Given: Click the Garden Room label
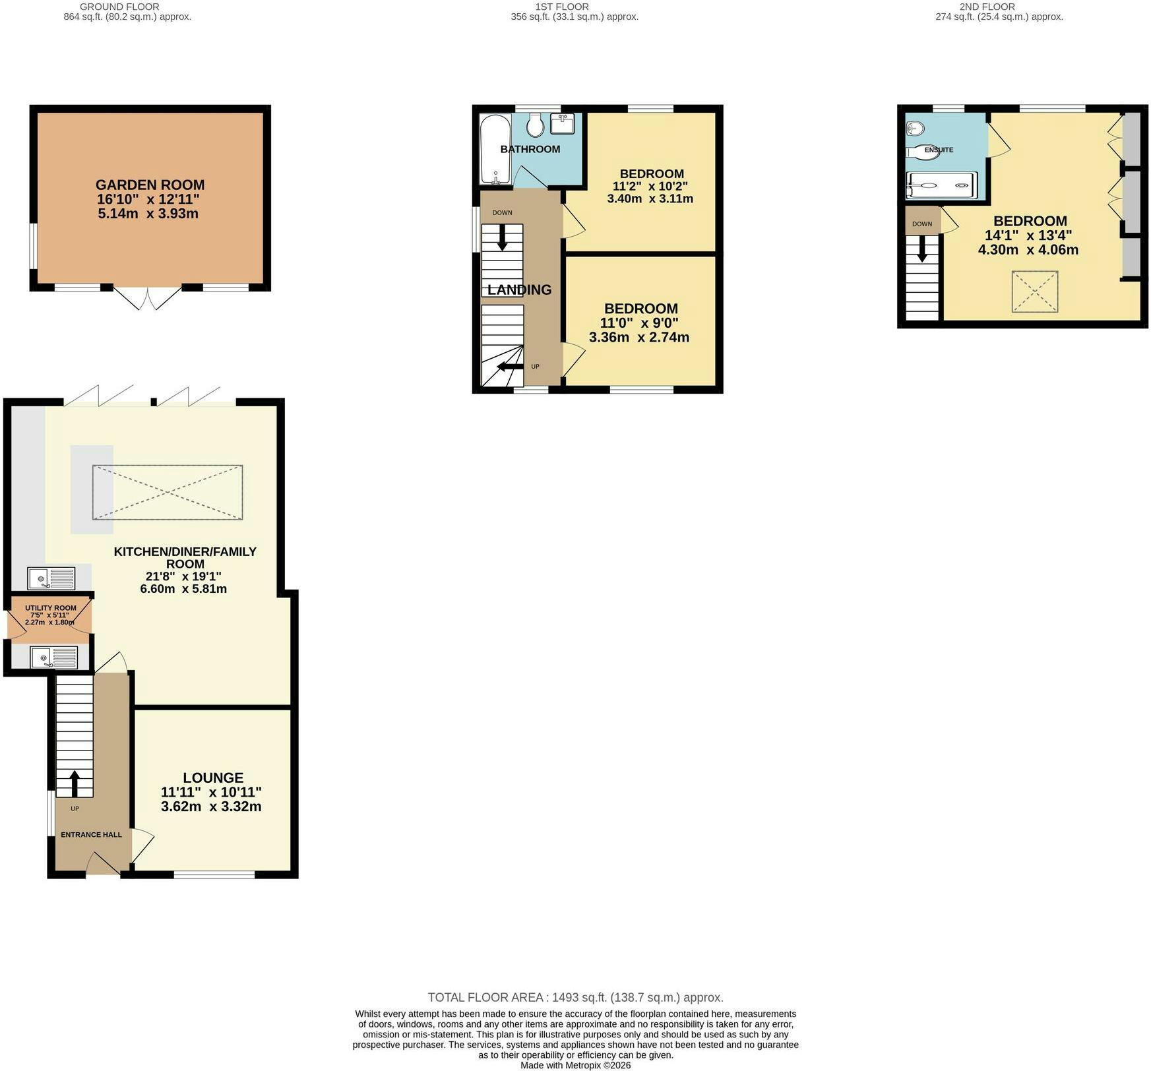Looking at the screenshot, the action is (150, 185).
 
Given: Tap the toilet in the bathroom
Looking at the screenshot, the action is (535, 125).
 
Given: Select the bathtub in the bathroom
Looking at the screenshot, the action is (495, 150).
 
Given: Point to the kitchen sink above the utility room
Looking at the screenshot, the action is (51, 578).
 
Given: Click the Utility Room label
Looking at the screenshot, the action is (51, 608).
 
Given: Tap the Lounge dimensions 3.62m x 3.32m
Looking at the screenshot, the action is (211, 807).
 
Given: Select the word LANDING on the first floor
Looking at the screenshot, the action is (520, 290).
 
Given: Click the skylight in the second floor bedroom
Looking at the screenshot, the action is (1035, 291).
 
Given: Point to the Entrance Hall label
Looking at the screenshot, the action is (91, 835).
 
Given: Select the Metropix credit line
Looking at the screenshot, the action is (576, 1065).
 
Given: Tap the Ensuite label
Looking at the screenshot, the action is (939, 150).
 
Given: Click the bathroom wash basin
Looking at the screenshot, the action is (563, 123).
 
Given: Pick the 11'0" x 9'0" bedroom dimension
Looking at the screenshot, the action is (639, 323).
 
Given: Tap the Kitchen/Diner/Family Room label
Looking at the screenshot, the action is (185, 557).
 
